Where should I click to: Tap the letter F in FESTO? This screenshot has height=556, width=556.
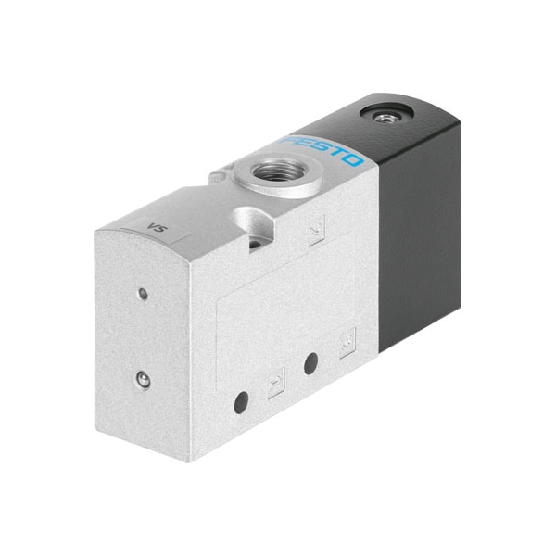(x=289, y=137)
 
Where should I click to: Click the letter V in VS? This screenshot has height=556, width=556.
(x=151, y=225)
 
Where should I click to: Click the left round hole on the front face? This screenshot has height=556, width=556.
(x=242, y=400)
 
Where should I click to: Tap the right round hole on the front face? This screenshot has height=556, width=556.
(x=311, y=363)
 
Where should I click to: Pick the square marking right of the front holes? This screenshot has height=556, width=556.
(x=347, y=346)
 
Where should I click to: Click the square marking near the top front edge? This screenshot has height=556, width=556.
(x=316, y=230)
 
